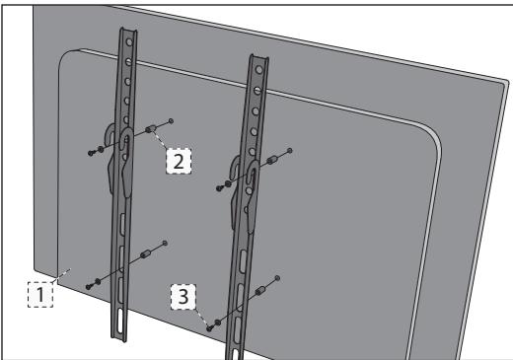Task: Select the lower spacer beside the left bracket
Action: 145,254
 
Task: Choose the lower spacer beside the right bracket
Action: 261,292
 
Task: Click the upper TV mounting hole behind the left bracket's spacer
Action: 173,121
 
